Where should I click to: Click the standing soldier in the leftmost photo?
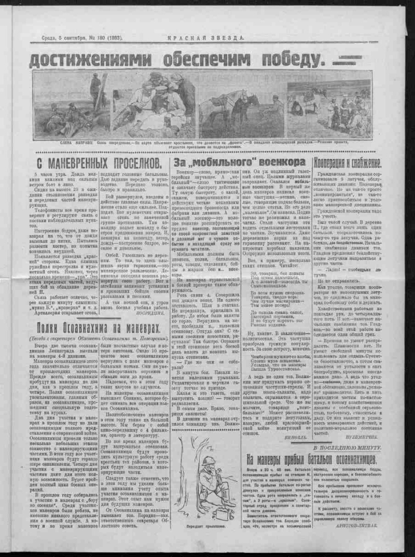94,88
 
